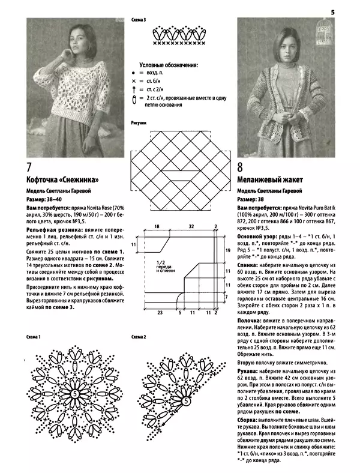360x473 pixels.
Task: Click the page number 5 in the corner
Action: click(332, 10)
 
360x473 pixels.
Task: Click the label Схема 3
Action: click(139, 20)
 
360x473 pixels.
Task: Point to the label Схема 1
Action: click(34, 337)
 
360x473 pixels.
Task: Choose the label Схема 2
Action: click(139, 337)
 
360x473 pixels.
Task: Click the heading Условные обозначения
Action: click(169, 65)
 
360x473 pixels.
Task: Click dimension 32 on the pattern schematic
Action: click(191, 227)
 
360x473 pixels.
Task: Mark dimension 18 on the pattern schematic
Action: click(156, 227)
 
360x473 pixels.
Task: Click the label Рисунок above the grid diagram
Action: click(139, 123)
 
